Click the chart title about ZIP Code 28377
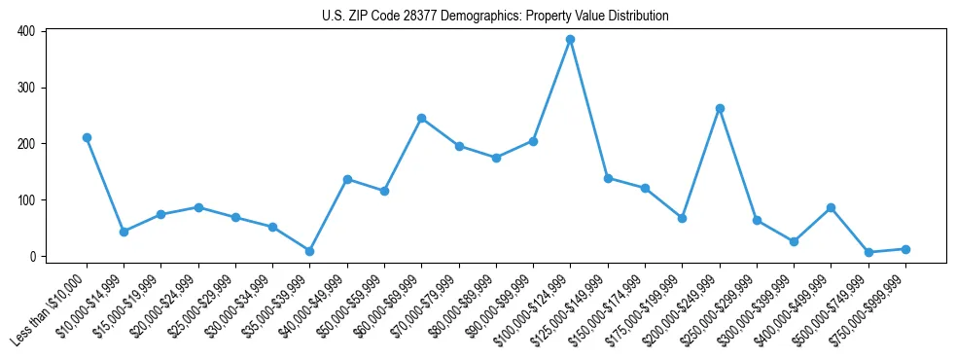(x=495, y=17)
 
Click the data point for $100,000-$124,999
(x=570, y=40)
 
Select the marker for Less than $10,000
(x=87, y=138)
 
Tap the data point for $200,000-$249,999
(x=720, y=109)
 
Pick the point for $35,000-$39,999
(x=310, y=251)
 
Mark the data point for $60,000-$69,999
(x=421, y=119)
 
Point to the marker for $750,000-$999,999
(x=905, y=249)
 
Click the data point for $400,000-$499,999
(x=831, y=207)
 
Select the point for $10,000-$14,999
(x=124, y=232)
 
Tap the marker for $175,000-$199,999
(x=682, y=218)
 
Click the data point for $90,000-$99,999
(x=533, y=141)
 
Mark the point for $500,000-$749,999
(x=868, y=252)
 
